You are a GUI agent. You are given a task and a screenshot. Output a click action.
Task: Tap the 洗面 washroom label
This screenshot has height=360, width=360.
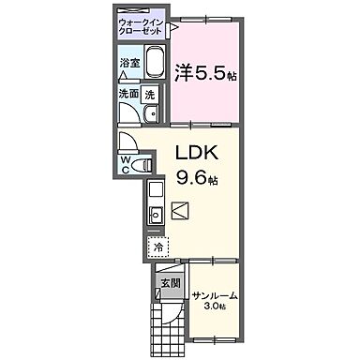click(x=128, y=95)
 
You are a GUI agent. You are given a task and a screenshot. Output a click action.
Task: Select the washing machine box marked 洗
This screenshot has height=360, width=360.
click(x=149, y=95)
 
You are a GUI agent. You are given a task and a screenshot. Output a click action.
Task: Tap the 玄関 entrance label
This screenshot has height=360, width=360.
click(x=169, y=282)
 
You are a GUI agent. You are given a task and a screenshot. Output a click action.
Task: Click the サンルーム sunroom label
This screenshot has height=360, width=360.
click(x=215, y=295)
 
